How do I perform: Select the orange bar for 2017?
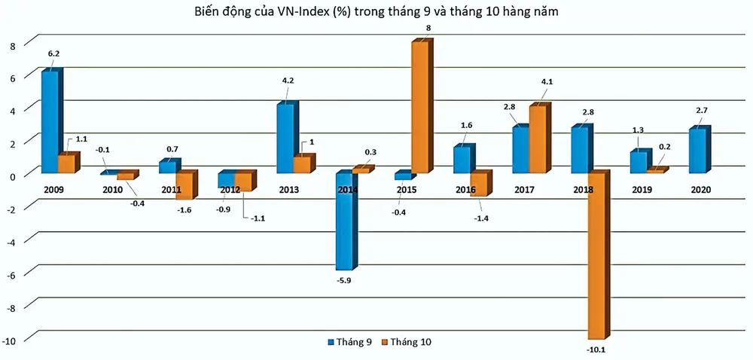tap(538, 139)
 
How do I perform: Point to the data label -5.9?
tap(344, 282)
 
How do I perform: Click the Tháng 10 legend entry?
tap(407, 341)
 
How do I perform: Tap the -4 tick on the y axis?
tap(11, 242)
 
